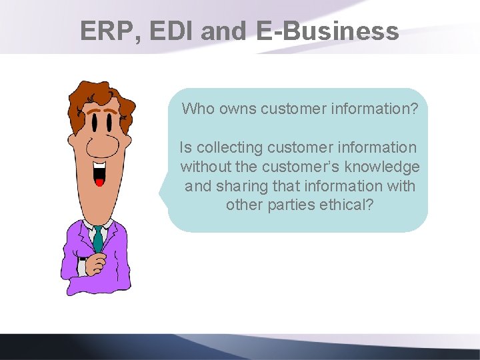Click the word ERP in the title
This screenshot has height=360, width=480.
pyautogui.click(x=106, y=31)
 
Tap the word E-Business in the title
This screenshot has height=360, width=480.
pyautogui.click(x=327, y=31)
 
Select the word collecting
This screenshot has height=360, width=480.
pyautogui.click(x=230, y=147)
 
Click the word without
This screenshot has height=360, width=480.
pyautogui.click(x=205, y=167)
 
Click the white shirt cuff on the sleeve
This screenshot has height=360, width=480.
pyautogui.click(x=82, y=267)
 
